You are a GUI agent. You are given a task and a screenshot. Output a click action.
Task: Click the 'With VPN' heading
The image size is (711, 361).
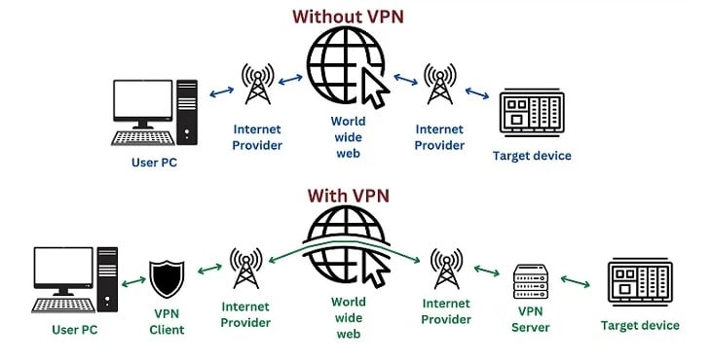[x=348, y=196]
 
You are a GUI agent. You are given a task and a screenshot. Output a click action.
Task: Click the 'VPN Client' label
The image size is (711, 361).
[x=167, y=323]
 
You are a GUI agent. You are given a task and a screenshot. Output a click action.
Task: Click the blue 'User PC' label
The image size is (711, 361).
[x=155, y=162]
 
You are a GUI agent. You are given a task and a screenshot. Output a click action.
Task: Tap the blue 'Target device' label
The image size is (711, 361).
[x=532, y=156]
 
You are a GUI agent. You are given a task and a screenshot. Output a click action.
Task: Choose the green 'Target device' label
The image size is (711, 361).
[x=640, y=325]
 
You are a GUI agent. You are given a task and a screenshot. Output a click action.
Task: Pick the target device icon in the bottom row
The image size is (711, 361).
[x=640, y=282]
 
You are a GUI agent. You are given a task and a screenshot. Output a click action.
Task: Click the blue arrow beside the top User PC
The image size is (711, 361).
[x=220, y=91]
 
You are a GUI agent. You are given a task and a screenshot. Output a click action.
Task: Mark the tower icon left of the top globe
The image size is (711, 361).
[x=257, y=85]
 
